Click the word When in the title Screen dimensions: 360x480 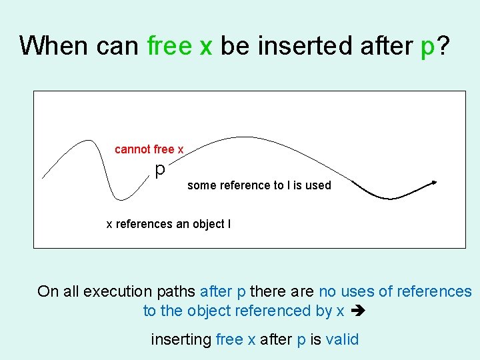[55, 45]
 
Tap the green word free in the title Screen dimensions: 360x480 [169, 45]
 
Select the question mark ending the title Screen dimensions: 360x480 [443, 45]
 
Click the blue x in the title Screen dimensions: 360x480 [206, 45]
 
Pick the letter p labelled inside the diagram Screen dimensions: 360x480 [160, 170]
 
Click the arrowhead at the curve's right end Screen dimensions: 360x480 [435, 181]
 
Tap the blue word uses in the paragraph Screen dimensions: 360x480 [356, 291]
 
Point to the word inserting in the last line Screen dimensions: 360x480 [181, 339]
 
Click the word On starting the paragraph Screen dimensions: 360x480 [48, 291]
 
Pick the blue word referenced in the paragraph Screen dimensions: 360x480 [279, 311]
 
